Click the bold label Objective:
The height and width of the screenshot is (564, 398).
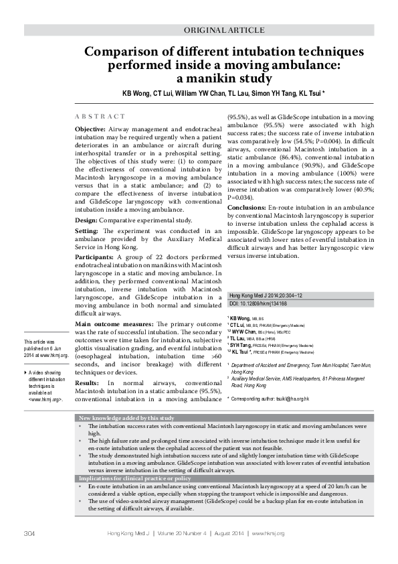pos(90,127)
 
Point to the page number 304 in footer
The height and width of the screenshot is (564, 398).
pos(29,551)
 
